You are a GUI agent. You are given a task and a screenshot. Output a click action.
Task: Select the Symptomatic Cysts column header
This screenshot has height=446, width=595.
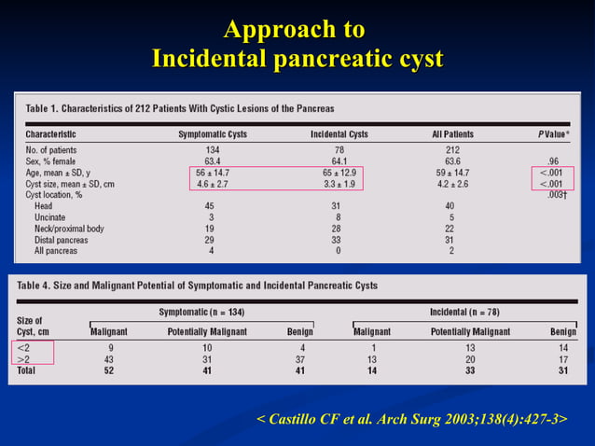point(212,134)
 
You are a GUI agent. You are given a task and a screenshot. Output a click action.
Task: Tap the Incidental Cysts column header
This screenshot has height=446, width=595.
point(339,134)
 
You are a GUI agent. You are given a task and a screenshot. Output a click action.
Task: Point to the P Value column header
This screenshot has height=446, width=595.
point(553,134)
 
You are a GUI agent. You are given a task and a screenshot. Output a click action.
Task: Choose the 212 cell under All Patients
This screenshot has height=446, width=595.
point(452,149)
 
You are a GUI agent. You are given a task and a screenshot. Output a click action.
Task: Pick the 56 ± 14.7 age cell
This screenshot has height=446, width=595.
point(212,173)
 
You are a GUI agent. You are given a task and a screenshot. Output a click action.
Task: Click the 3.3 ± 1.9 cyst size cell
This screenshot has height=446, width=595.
point(339,184)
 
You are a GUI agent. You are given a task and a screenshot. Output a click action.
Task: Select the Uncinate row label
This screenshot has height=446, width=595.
point(51,217)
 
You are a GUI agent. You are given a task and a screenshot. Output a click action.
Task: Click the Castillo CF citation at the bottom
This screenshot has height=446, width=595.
point(410,420)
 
